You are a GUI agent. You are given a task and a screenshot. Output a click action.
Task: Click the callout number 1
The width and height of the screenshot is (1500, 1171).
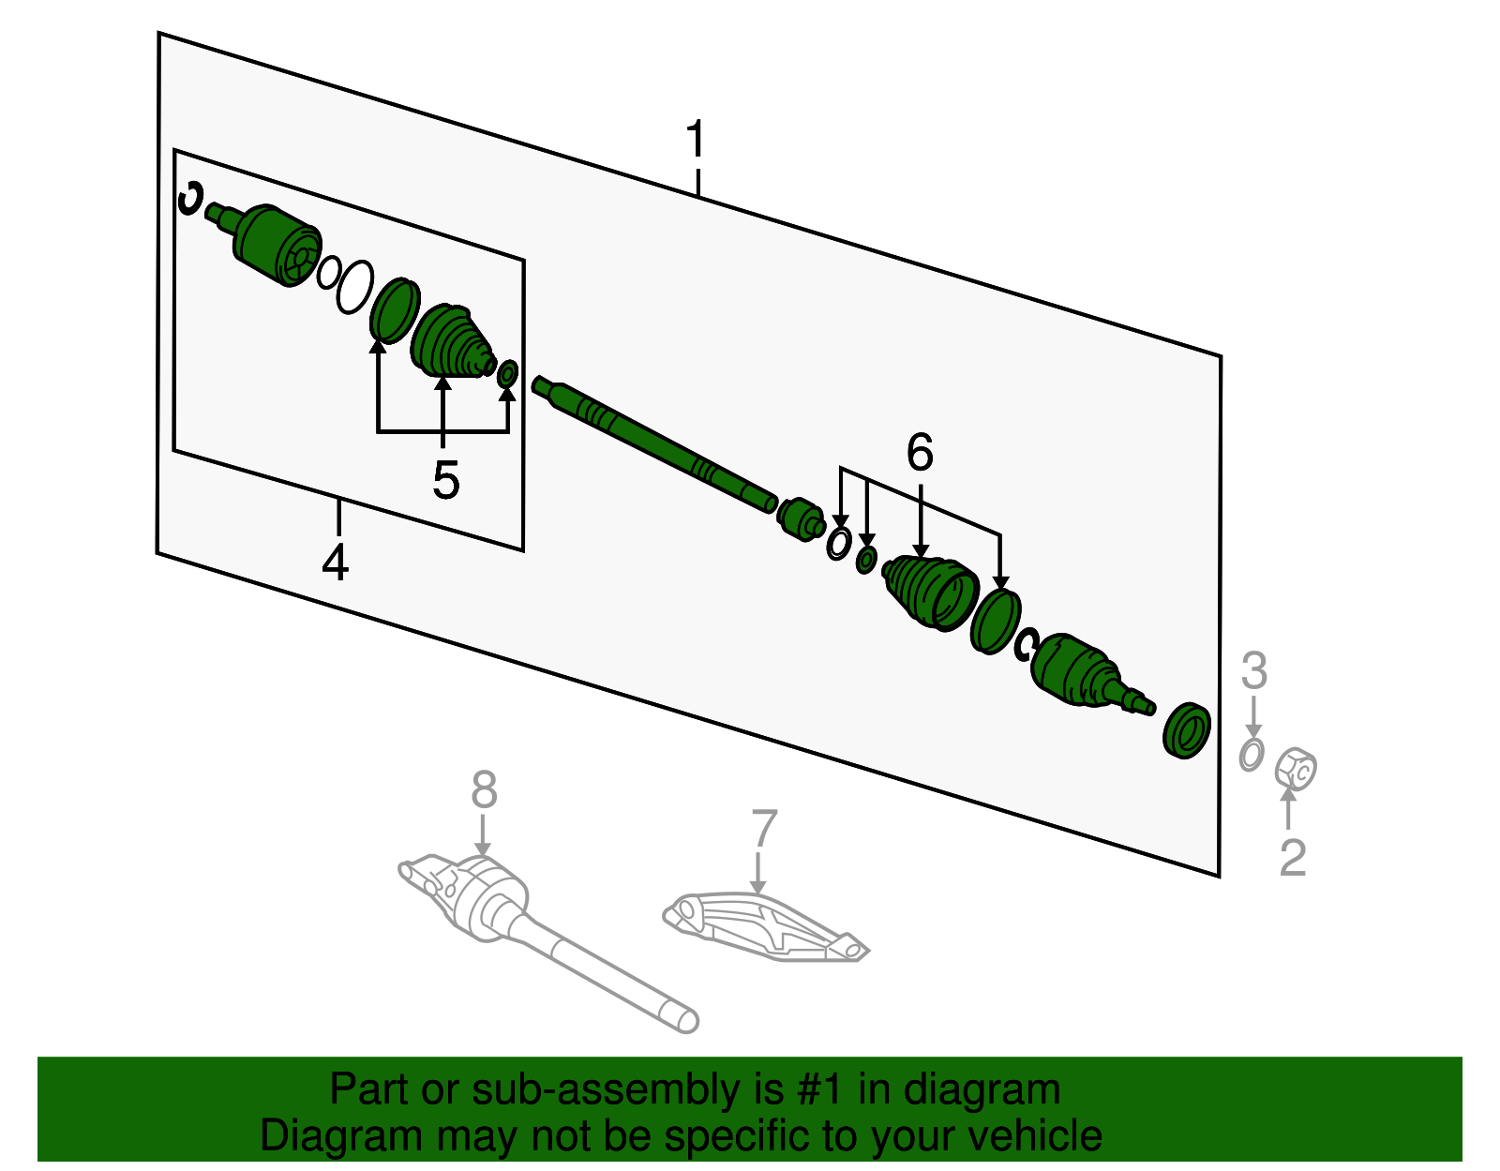point(695,140)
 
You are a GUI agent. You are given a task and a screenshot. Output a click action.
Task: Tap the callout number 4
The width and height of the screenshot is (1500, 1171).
point(335,562)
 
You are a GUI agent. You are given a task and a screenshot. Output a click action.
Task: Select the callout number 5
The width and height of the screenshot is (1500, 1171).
point(445,481)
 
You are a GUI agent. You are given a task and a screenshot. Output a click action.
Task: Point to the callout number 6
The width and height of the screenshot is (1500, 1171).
point(920,453)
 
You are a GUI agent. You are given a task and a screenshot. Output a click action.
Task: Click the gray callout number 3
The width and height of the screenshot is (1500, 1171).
point(1253,671)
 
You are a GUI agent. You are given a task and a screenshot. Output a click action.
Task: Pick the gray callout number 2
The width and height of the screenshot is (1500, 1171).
point(1293,857)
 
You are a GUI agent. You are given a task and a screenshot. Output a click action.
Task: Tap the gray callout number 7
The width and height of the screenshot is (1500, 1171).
point(764,829)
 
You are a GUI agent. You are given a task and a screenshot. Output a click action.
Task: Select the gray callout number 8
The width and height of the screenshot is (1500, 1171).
point(484,789)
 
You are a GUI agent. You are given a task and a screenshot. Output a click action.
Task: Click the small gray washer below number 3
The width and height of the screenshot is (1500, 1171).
point(1252,754)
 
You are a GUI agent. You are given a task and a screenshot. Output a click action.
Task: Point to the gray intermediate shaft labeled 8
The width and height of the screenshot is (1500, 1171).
point(562,947)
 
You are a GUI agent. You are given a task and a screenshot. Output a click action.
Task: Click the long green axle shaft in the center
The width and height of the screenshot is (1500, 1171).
point(656,441)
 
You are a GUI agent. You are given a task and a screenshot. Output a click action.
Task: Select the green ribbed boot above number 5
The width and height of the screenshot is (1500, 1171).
point(450,342)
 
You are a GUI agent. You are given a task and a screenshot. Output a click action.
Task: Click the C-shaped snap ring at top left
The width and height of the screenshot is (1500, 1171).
point(190,198)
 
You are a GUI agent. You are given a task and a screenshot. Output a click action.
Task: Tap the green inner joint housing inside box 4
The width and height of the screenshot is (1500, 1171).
point(274,246)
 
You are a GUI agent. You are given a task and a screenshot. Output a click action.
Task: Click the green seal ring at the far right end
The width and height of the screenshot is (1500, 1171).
point(1186,729)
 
